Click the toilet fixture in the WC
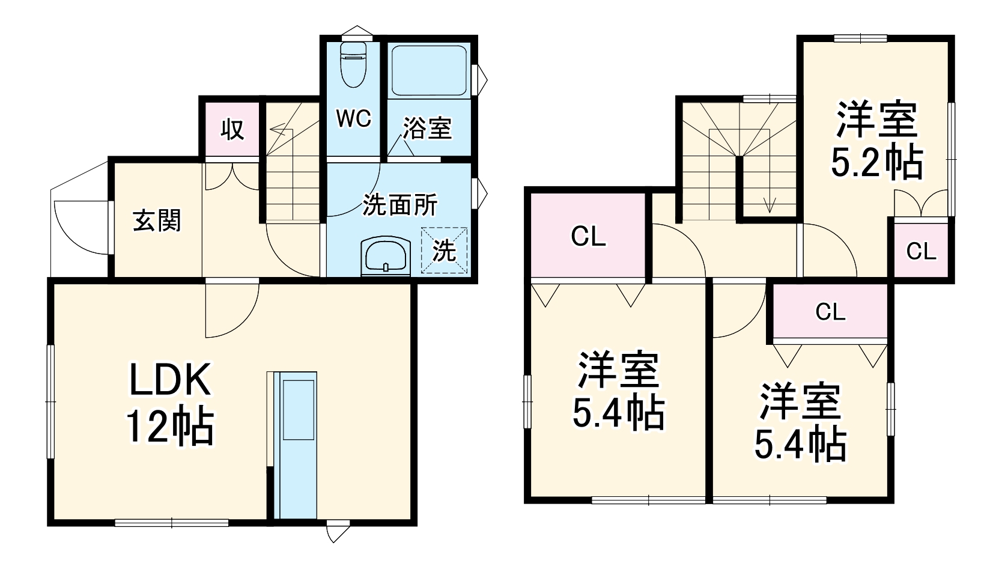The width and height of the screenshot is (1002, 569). point(353,65)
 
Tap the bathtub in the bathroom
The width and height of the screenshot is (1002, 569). point(428,71)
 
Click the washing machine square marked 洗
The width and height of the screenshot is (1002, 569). point(445,250)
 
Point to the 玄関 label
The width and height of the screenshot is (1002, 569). point(157,221)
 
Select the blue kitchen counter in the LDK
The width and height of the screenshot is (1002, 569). point(296,445)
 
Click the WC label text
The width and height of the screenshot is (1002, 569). point(353,118)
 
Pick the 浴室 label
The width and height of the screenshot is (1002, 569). point(427,128)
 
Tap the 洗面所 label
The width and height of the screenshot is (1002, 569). point(400,205)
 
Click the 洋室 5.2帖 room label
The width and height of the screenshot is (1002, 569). point(876,141)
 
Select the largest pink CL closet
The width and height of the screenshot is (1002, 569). point(588,236)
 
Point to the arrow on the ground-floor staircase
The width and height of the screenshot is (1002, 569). point(277,128)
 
